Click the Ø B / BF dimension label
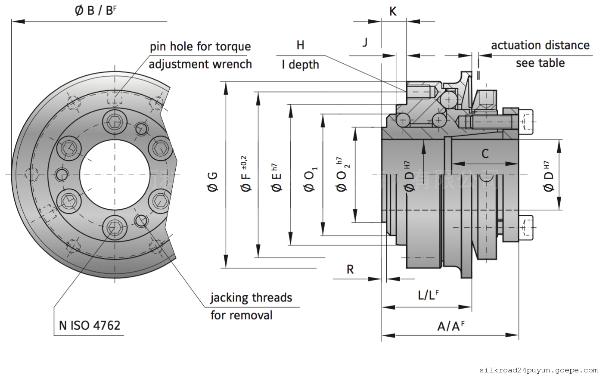(96, 10)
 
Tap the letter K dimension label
(393, 11)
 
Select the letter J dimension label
(365, 42)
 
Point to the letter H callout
(300, 45)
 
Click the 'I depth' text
(300, 65)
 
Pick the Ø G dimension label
(213, 181)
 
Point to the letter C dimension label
(485, 154)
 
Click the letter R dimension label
(350, 270)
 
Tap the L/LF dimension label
(428, 295)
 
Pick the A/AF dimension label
(450, 326)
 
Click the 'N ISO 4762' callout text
(90, 325)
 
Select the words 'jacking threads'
(251, 297)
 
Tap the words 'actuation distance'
(540, 45)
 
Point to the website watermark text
(538, 370)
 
